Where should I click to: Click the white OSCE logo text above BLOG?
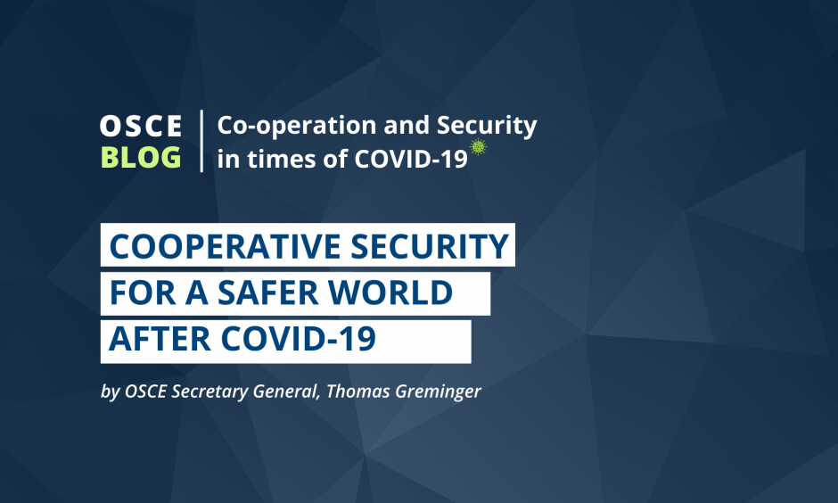(x=141, y=126)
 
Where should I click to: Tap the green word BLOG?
(x=141, y=157)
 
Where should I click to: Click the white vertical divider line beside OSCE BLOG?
(x=201, y=141)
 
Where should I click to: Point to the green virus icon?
(x=478, y=146)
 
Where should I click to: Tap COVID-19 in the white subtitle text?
(x=411, y=159)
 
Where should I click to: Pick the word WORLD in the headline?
(x=390, y=293)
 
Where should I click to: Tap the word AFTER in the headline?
(x=160, y=339)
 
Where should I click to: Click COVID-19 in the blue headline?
(x=299, y=339)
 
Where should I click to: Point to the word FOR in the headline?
(x=143, y=293)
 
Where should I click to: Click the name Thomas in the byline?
(x=358, y=392)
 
